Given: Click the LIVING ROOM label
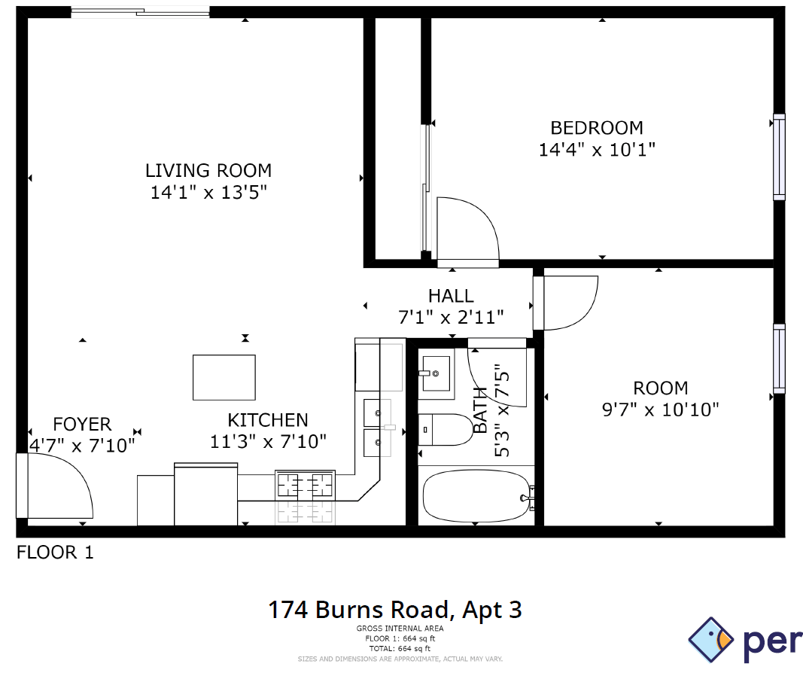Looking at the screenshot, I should pos(208,170).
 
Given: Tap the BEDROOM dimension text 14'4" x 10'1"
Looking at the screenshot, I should pos(597,150).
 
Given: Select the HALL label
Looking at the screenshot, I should pos(451,296).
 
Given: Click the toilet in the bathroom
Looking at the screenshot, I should pos(443,430).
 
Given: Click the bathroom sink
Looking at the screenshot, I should pos(436,373).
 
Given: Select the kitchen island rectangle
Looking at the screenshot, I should pos(224,377).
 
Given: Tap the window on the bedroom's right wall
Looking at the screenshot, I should pos(779,157).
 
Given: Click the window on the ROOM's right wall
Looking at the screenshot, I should pos(779,358).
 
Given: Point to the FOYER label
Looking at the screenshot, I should pos(82,425).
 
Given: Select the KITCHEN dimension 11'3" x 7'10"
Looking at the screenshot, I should pos(268,442).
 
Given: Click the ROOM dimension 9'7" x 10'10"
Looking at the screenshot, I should pos(661,410).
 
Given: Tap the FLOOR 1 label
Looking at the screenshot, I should pos(55,553).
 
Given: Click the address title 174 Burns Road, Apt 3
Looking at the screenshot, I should pos(395,609).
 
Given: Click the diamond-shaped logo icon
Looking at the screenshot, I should pos(711,640).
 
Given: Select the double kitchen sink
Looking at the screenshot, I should pos(378,428).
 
